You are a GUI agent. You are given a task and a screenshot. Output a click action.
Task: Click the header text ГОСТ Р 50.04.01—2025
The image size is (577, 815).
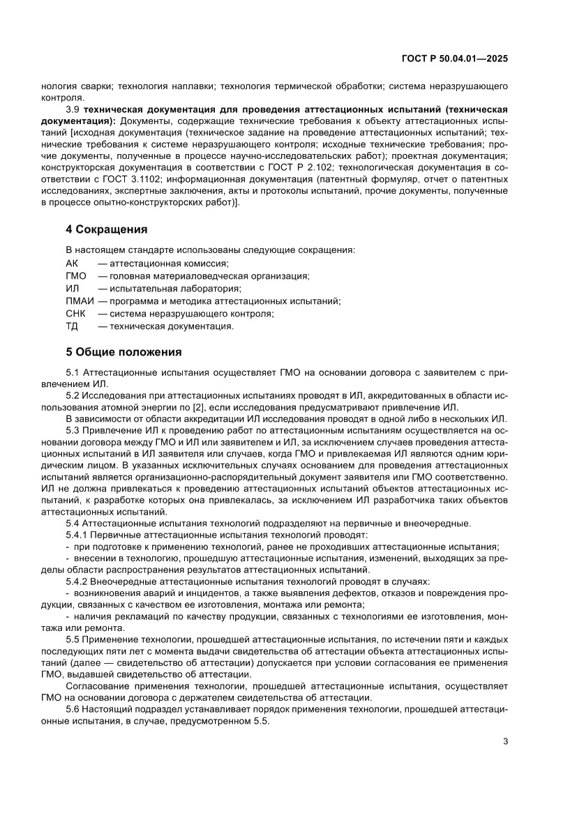pos(456,59)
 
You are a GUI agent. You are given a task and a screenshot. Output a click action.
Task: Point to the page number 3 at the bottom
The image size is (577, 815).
pos(504,741)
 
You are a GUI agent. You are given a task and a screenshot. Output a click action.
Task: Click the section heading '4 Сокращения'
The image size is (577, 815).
pos(105,229)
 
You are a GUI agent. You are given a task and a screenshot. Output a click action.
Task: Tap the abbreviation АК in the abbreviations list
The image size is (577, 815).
pos(72,263)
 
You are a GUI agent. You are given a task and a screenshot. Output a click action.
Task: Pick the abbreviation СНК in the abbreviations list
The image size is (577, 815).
pos(75,313)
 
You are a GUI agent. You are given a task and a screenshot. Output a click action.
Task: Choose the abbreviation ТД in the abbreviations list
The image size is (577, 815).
pos(72,326)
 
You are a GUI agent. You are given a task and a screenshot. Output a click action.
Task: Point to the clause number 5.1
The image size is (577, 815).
pos(73,372)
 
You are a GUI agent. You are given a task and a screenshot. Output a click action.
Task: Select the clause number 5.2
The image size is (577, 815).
pos(73,395)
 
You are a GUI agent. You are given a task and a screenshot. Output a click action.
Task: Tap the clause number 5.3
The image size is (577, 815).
pos(73,429)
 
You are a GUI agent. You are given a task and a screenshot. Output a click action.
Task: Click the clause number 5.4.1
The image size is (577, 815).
pos(77,535)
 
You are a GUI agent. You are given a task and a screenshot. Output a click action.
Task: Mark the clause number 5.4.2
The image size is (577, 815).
pos(77,580)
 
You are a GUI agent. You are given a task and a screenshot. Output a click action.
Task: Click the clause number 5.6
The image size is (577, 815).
pos(73,709)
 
